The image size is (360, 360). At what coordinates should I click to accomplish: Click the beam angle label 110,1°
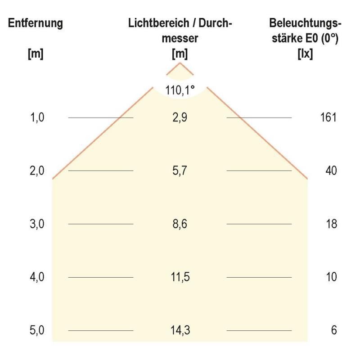(x=180, y=90)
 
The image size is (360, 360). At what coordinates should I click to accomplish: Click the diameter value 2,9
(x=180, y=118)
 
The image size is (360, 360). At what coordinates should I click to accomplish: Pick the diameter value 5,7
(x=180, y=171)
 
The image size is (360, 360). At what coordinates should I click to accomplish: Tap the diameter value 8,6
(x=180, y=224)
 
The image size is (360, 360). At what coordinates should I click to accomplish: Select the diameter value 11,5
(x=180, y=277)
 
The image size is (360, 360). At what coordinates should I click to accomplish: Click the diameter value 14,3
(x=180, y=330)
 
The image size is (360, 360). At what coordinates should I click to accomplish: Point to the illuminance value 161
(x=329, y=118)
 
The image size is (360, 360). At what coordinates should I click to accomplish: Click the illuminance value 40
(x=331, y=171)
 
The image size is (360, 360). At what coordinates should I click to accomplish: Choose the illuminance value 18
(x=331, y=224)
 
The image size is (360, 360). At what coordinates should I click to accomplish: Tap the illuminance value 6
(x=333, y=330)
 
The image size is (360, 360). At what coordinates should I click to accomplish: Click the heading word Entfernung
(x=36, y=23)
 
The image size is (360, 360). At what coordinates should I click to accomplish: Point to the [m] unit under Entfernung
(x=36, y=54)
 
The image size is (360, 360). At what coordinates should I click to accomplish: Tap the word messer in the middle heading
(x=180, y=39)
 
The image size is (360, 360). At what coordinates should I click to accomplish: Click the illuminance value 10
(x=331, y=277)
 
